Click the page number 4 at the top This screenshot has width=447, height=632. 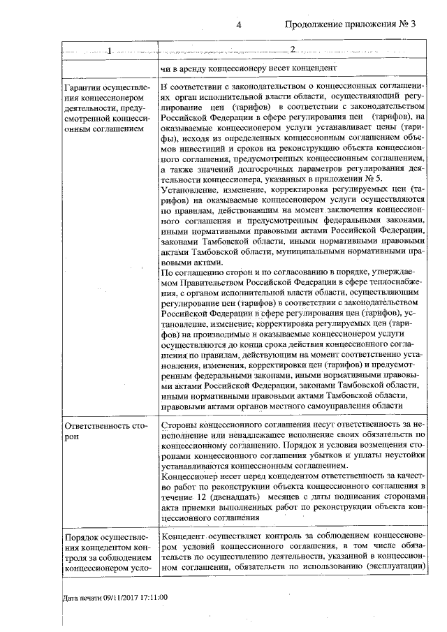click(239, 25)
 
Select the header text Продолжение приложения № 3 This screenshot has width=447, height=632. click(351, 25)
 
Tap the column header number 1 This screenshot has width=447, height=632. click(110, 50)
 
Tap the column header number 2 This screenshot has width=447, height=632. click(293, 50)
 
